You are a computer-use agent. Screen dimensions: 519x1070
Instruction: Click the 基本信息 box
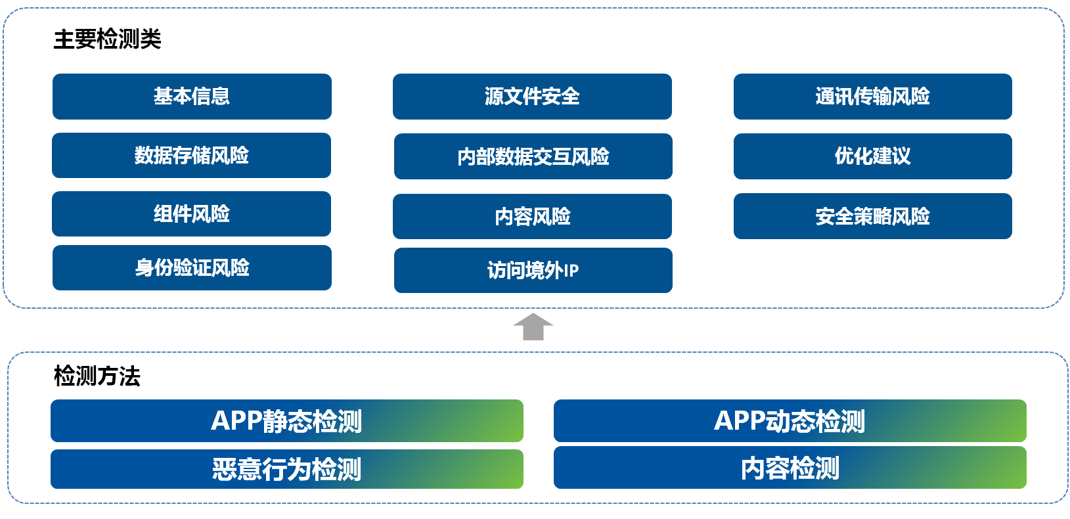[x=192, y=97]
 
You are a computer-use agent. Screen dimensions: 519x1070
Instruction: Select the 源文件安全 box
[x=532, y=97]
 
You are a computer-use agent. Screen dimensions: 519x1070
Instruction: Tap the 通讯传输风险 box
[x=872, y=97]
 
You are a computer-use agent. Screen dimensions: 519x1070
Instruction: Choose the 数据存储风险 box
[x=191, y=156]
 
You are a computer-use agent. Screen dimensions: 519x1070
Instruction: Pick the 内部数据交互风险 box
[x=533, y=156]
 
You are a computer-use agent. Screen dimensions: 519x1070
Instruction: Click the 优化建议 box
[x=872, y=156]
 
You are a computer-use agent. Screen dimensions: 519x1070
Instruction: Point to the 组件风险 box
[x=191, y=214]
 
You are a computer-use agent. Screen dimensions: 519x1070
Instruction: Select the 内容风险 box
[x=532, y=216]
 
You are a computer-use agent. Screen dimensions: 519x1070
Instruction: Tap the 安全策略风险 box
[x=872, y=216]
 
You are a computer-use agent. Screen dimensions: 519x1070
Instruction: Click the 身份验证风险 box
[x=192, y=268]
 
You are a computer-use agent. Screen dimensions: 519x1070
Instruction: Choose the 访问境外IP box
[x=533, y=270]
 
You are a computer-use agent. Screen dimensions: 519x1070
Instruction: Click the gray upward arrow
[x=533, y=327]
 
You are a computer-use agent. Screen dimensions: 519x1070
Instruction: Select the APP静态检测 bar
[x=286, y=421]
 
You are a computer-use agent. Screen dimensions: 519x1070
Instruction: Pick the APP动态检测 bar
[x=790, y=421]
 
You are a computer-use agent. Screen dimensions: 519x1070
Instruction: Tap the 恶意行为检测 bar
[x=286, y=470]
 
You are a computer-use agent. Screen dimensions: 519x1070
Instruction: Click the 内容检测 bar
[x=790, y=468]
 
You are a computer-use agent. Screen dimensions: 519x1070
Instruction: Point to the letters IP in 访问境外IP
[x=571, y=271]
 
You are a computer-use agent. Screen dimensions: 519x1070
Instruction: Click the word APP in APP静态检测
[x=236, y=421]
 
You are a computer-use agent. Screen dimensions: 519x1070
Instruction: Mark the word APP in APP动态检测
[x=739, y=421]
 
